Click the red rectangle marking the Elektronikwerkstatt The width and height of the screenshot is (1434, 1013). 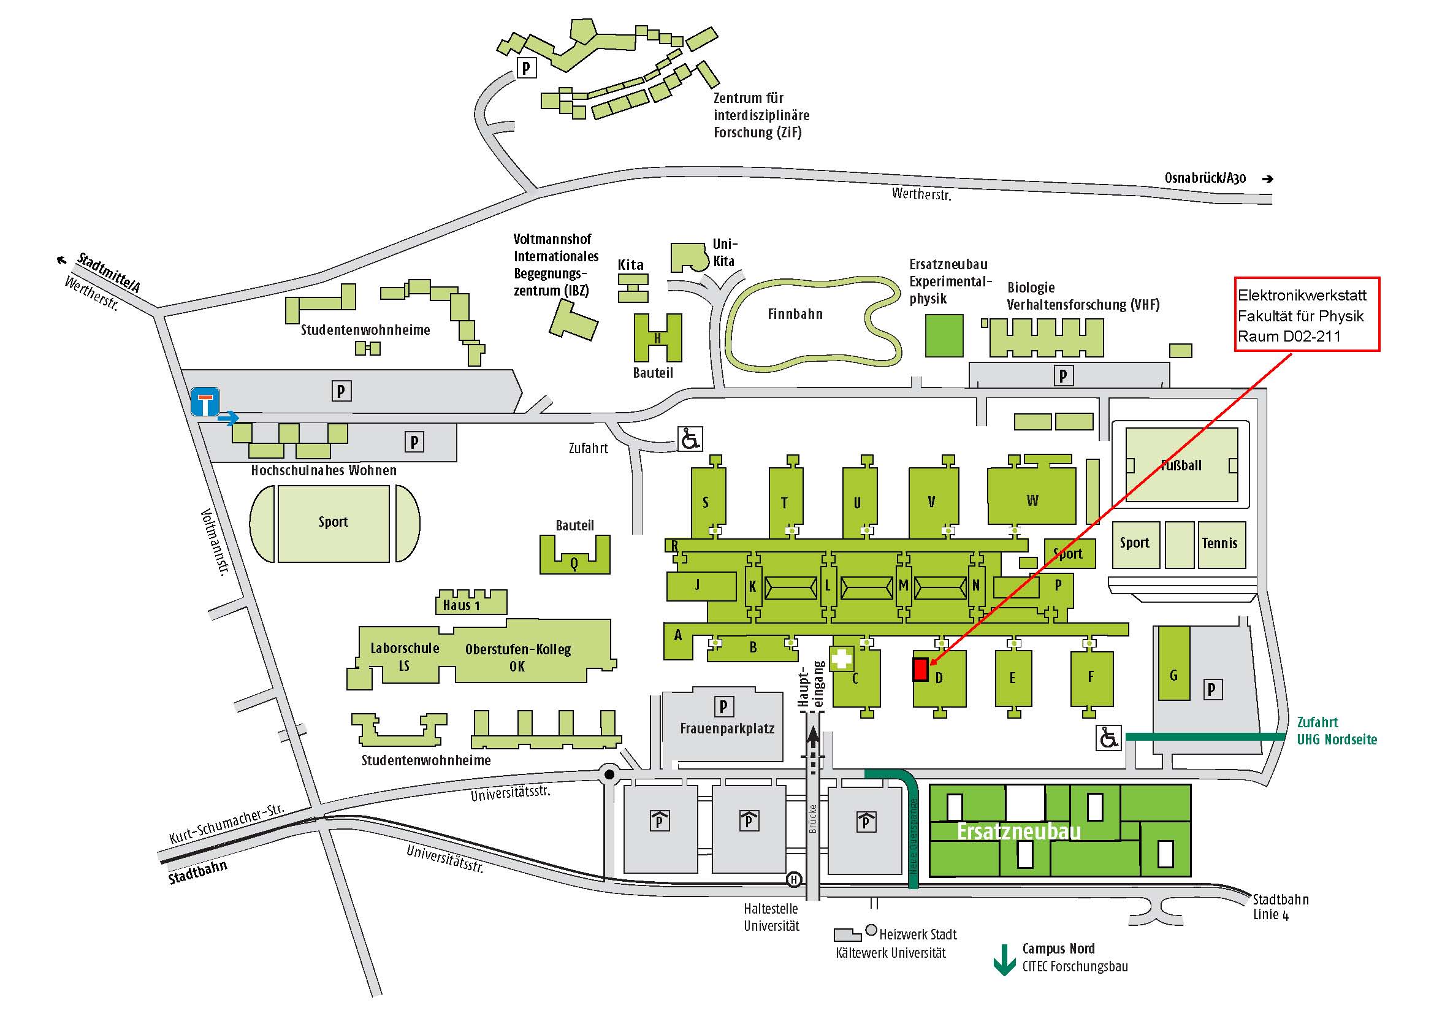(x=920, y=669)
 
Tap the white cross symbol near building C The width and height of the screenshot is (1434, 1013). (x=841, y=658)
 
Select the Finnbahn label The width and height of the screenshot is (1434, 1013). (x=795, y=314)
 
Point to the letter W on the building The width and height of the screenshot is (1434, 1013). (x=1032, y=500)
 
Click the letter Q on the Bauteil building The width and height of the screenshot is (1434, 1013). (x=574, y=564)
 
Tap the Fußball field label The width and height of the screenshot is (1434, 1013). (x=1181, y=465)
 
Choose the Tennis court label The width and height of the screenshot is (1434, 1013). (x=1220, y=543)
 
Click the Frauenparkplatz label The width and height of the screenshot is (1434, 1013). (x=727, y=729)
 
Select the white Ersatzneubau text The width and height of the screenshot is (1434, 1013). (x=1019, y=832)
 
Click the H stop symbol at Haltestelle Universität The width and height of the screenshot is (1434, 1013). (x=794, y=879)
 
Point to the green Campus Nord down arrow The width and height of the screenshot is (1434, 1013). (x=1004, y=960)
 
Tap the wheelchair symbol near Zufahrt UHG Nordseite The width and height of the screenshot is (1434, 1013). (x=1108, y=738)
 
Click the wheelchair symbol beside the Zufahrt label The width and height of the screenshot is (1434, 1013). (x=691, y=439)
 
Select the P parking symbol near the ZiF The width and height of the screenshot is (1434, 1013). (x=527, y=67)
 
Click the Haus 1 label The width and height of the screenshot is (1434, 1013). (x=461, y=605)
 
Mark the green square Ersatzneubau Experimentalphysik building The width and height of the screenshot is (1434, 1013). (x=944, y=336)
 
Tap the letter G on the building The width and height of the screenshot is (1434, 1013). (x=1173, y=675)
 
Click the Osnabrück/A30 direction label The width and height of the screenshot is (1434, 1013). (x=1205, y=178)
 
